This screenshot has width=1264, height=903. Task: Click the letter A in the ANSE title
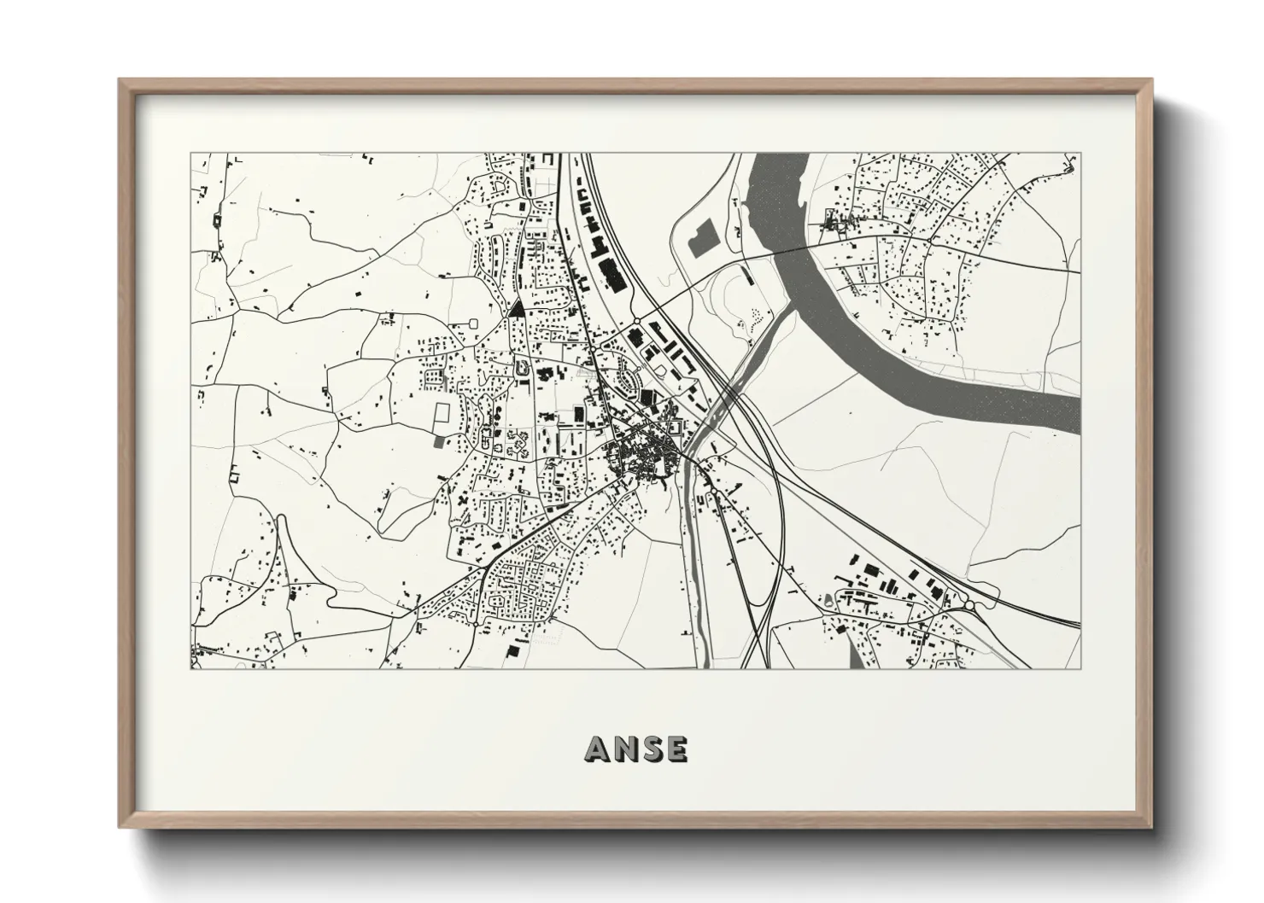click(x=599, y=749)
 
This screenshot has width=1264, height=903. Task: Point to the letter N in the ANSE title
click(x=623, y=749)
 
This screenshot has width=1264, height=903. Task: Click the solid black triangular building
click(x=516, y=310)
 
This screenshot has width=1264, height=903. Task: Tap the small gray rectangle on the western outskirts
click(x=439, y=442)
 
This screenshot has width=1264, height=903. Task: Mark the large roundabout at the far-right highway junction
click(x=969, y=605)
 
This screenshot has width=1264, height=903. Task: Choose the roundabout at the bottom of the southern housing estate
click(x=474, y=624)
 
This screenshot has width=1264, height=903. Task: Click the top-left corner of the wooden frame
click(x=120, y=80)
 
